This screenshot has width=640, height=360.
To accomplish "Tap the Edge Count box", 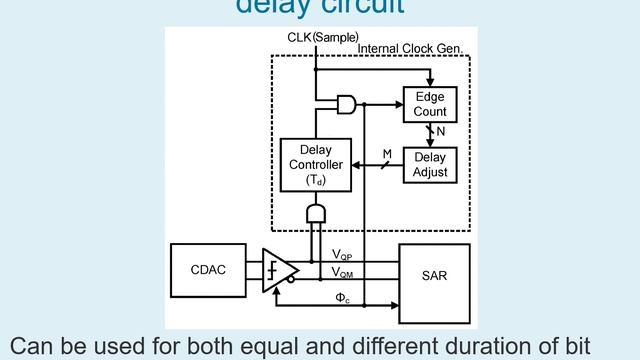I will [x=430, y=105].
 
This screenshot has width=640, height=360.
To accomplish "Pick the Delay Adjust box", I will [x=430, y=165].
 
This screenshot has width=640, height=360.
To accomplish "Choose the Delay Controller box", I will [x=315, y=165].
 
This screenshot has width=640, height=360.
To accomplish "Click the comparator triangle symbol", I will [x=279, y=270].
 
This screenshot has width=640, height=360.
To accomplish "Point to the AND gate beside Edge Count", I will [x=347, y=103].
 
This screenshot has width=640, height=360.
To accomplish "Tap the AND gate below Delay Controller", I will [x=315, y=215].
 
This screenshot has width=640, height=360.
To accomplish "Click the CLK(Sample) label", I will [x=316, y=38].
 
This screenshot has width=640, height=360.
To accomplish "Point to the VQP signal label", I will [x=341, y=256].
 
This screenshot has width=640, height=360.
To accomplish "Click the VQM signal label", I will [x=341, y=272].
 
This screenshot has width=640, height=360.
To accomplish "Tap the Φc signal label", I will [x=341, y=297].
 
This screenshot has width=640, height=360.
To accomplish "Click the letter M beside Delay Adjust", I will [x=387, y=153].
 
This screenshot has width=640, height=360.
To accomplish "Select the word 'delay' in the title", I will [x=270, y=6].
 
